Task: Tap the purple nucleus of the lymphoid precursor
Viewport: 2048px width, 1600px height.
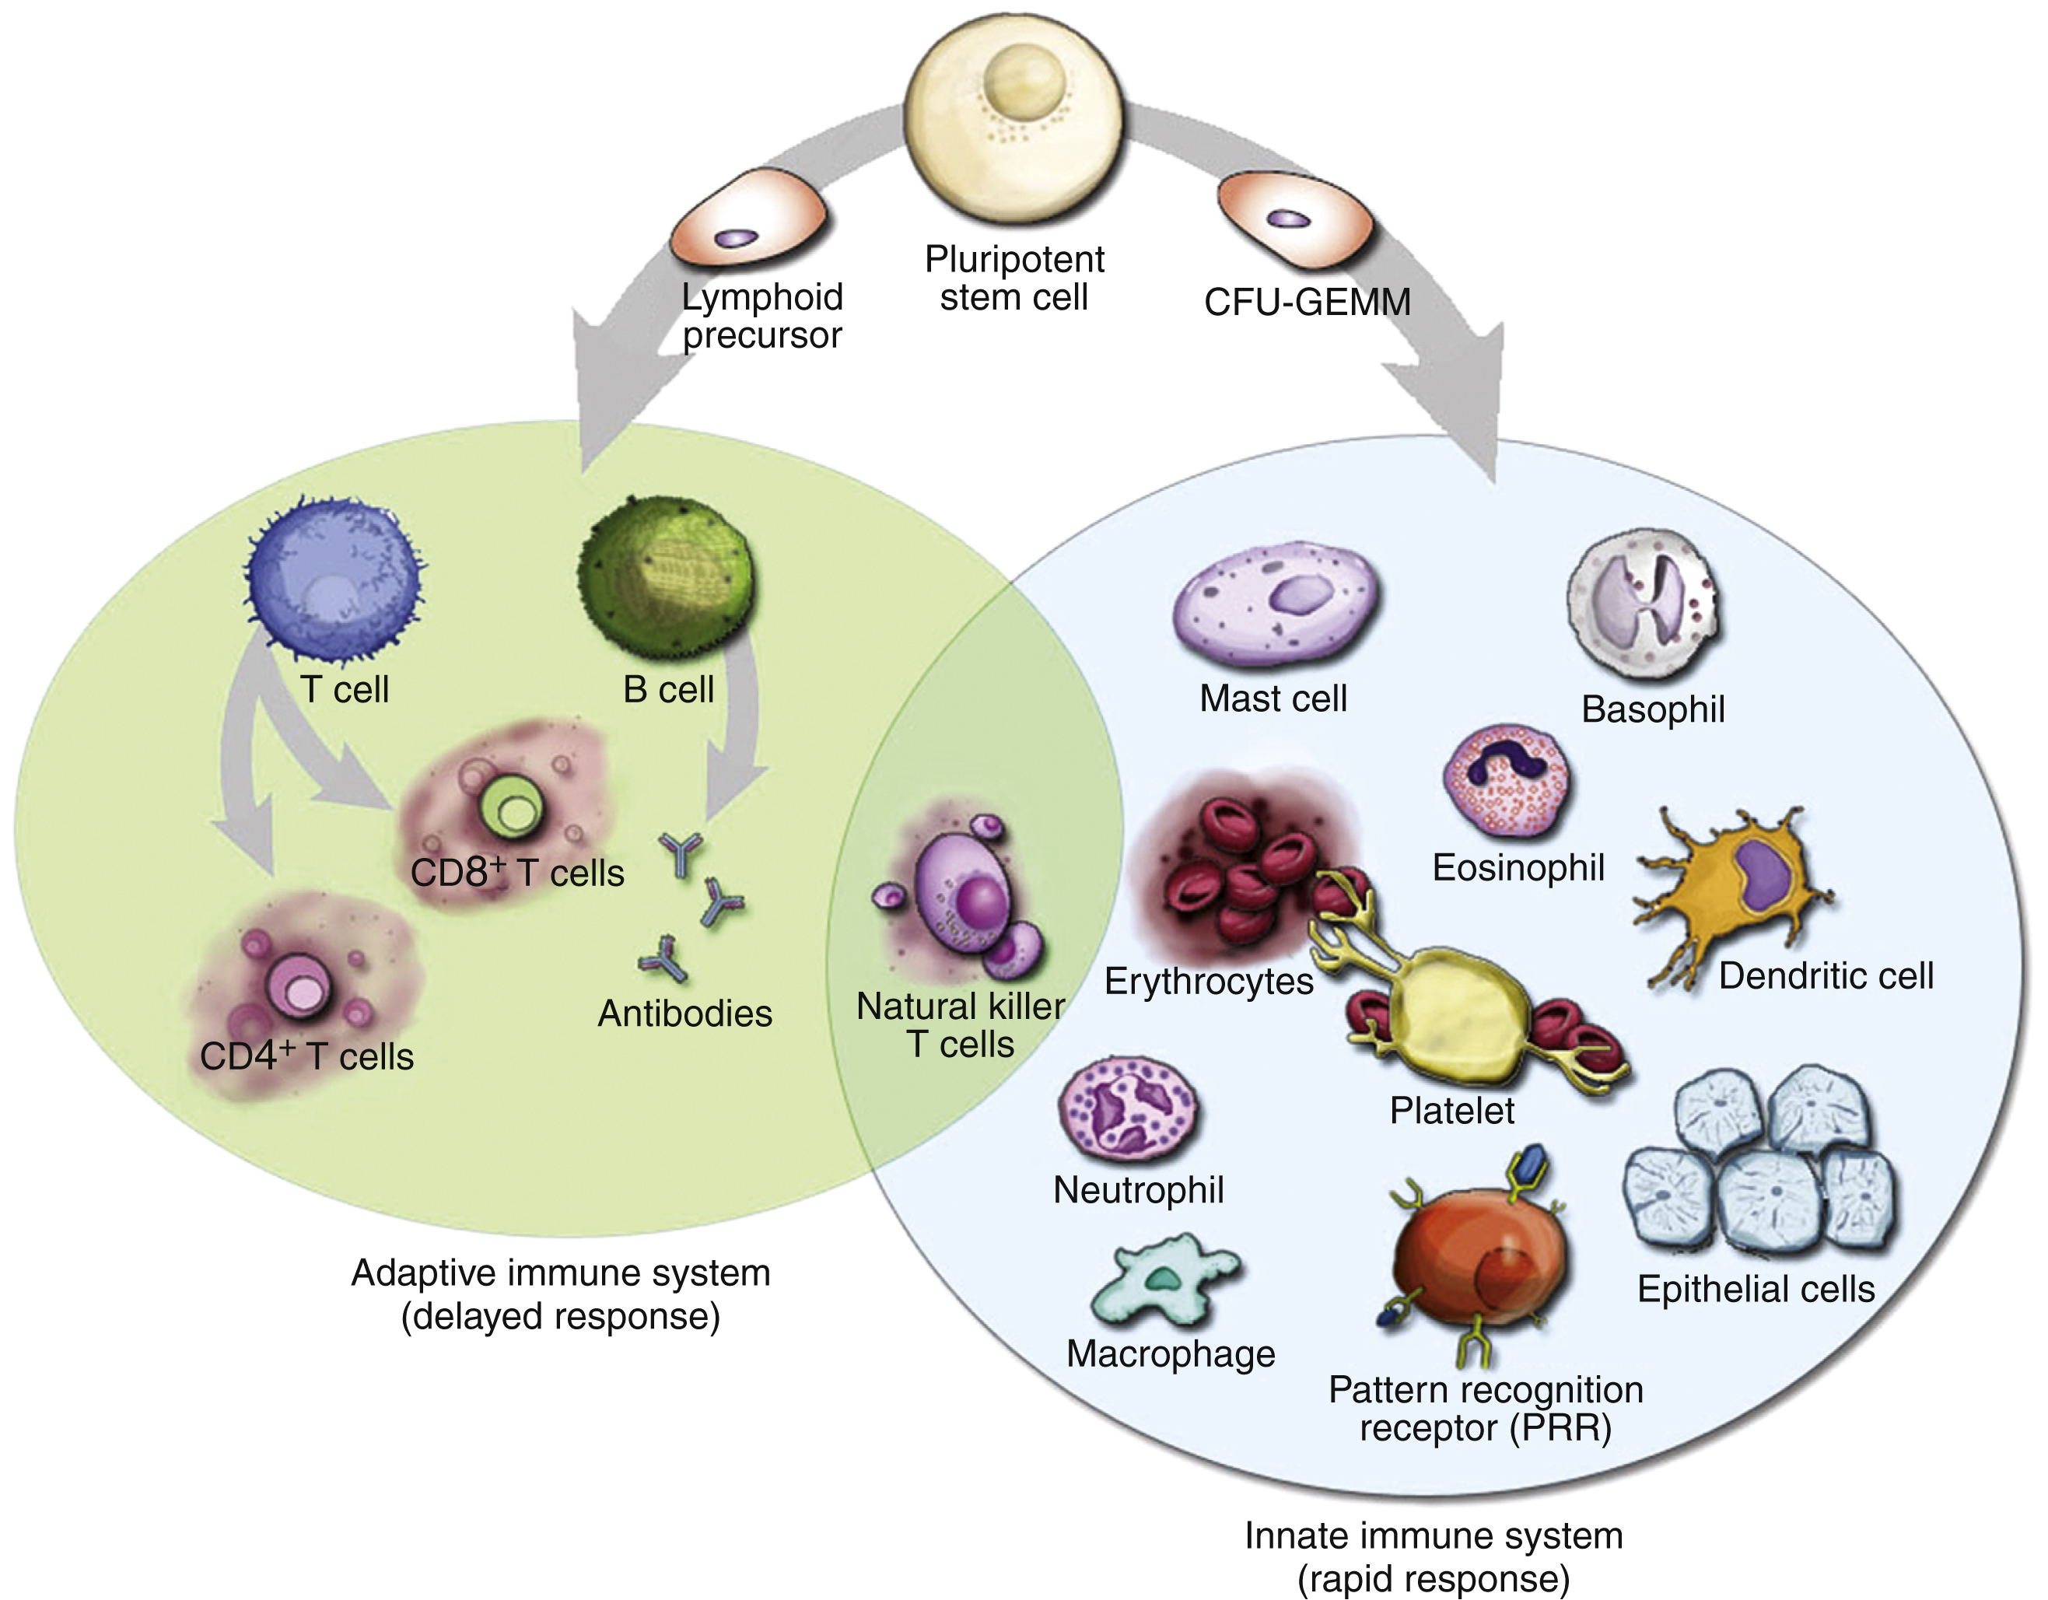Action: tap(735, 238)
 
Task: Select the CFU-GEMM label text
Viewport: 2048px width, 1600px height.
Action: tap(1306, 303)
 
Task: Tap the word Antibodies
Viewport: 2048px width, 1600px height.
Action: tap(684, 1014)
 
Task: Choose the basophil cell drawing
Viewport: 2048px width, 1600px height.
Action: tap(1645, 601)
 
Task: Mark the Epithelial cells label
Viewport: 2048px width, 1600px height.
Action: tap(1756, 1290)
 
